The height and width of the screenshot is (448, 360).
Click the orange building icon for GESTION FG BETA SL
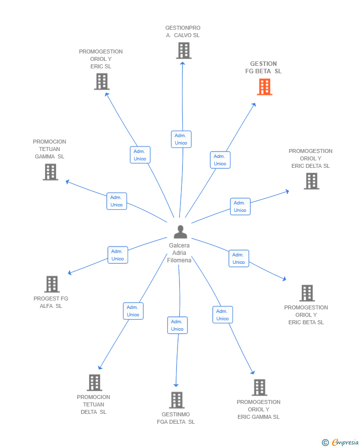[x=265, y=87]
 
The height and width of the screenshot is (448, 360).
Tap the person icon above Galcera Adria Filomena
[x=180, y=232]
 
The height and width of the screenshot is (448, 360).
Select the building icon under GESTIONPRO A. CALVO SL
[x=183, y=50]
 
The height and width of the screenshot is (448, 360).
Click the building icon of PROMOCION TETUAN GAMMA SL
[x=50, y=172]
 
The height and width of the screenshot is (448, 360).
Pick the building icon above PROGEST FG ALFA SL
[x=52, y=284]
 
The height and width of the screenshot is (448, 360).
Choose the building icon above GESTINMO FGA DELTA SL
[x=177, y=400]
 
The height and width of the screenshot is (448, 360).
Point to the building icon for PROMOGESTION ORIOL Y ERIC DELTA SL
[x=311, y=181]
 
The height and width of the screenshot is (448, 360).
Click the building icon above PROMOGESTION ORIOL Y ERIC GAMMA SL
[x=259, y=388]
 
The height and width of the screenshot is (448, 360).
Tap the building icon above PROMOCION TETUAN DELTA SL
[x=94, y=383]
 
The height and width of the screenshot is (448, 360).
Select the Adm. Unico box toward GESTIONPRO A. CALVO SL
[x=181, y=139]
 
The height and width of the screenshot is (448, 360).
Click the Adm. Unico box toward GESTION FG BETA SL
[x=220, y=160]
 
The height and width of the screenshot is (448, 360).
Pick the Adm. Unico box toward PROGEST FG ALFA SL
[x=118, y=255]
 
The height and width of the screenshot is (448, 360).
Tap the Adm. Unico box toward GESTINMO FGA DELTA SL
[x=178, y=325]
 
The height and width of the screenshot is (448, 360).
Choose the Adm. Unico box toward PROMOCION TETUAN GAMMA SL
[x=117, y=201]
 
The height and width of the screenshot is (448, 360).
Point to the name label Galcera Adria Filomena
[x=179, y=253]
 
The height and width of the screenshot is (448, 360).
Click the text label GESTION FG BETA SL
[x=264, y=67]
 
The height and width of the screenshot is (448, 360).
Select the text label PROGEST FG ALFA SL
[x=51, y=302]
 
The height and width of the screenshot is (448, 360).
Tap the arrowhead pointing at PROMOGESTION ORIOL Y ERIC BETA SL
[x=284, y=280]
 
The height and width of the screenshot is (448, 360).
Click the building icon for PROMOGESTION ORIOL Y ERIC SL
[x=101, y=82]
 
